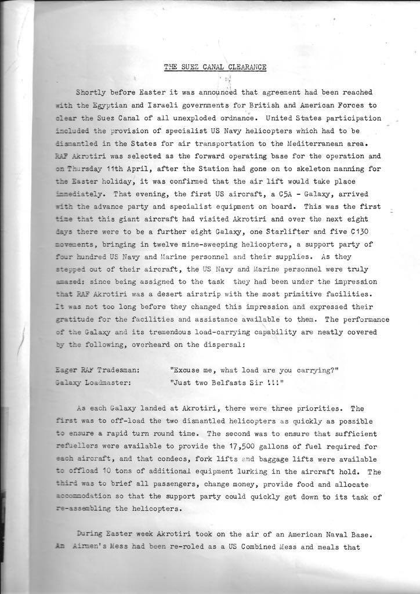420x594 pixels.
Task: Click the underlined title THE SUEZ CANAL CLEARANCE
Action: click(x=215, y=67)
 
